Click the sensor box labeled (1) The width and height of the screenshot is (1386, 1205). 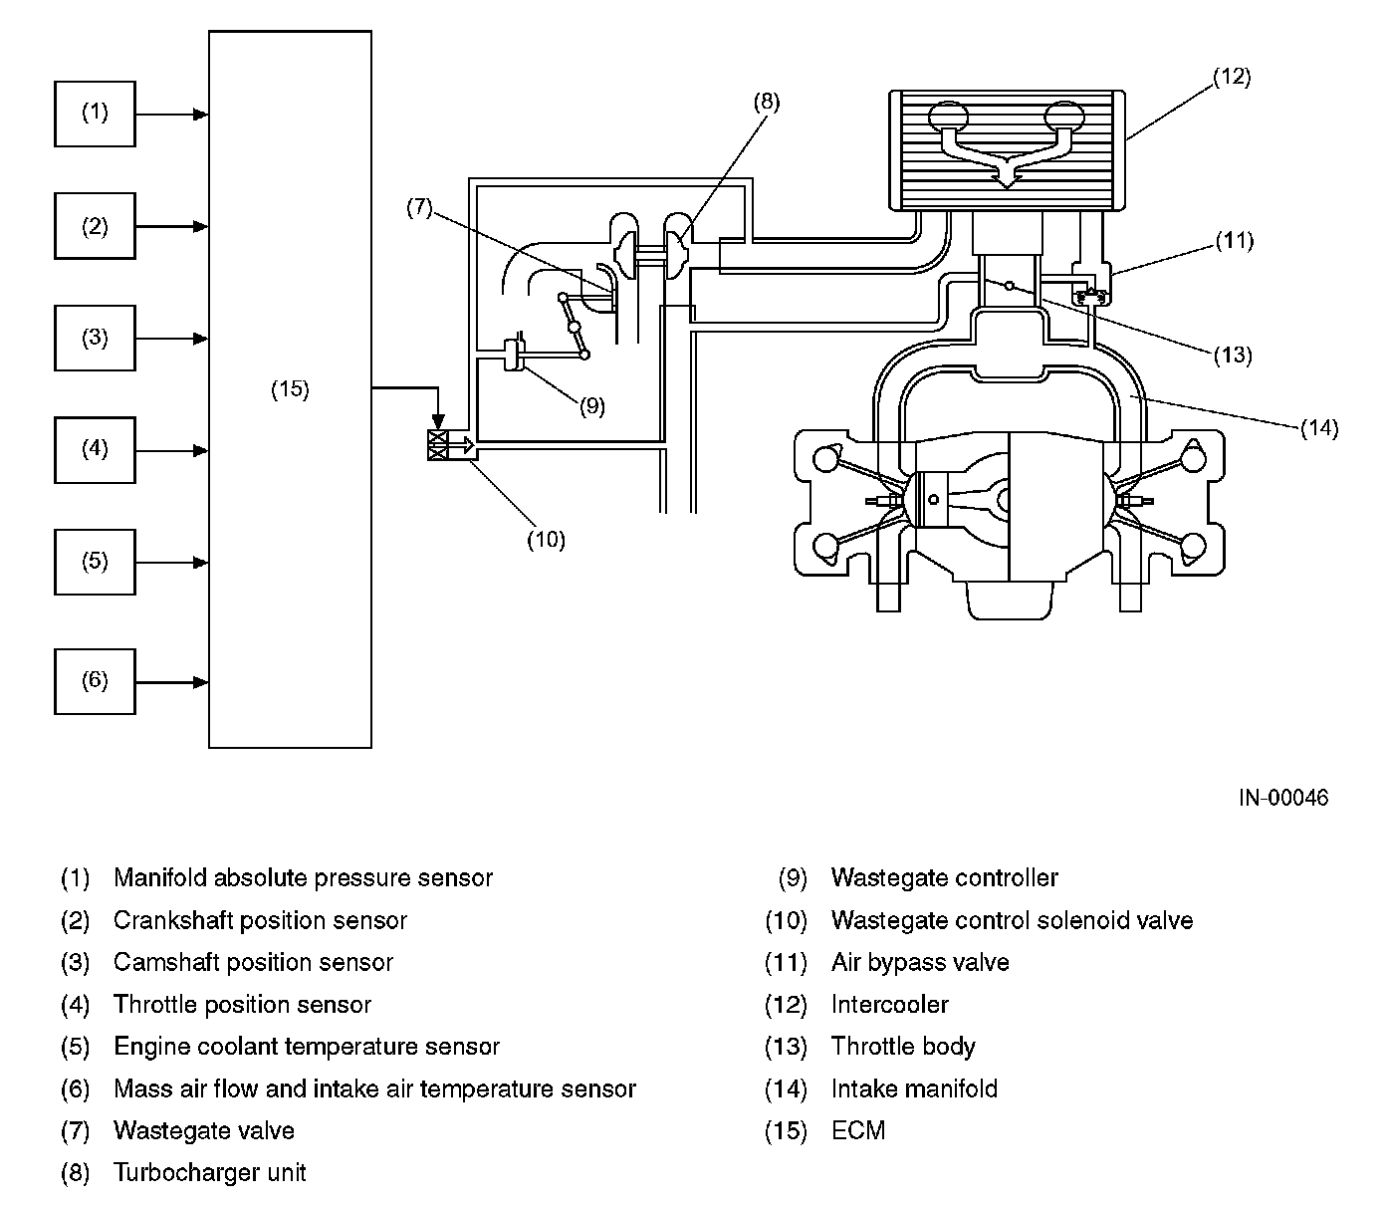point(95,114)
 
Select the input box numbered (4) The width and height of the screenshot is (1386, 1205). point(95,450)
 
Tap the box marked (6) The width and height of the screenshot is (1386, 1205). point(95,681)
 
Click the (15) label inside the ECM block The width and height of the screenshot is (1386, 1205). point(290,388)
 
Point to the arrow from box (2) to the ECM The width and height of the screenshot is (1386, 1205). point(172,226)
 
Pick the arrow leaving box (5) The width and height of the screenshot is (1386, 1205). point(172,563)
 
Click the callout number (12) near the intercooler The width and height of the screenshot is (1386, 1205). point(1232,77)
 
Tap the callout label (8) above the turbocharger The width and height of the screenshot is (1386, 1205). point(766,102)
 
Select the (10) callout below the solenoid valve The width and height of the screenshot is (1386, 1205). point(546,539)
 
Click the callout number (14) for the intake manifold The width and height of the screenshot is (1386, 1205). point(1319,428)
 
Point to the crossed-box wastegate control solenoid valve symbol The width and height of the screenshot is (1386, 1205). point(438,445)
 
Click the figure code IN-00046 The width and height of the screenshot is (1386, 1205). point(1283,798)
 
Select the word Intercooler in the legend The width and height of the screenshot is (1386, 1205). point(889,1004)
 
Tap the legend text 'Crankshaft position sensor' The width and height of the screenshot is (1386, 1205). point(260,920)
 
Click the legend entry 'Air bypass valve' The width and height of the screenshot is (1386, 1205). point(920,963)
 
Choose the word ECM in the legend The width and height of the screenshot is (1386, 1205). point(858,1130)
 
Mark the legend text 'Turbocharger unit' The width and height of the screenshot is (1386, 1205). point(209,1172)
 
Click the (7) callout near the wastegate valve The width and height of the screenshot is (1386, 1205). point(419,207)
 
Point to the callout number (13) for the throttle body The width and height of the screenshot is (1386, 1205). point(1233,355)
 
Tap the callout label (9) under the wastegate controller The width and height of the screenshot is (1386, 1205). point(592,405)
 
